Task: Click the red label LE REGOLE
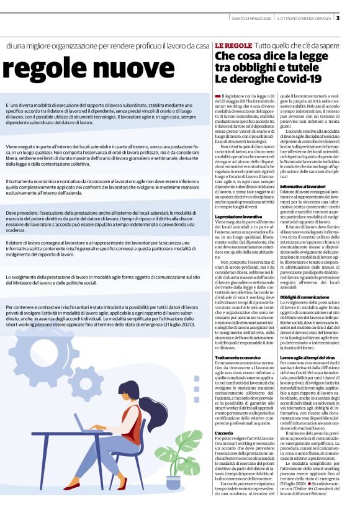(233, 47)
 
